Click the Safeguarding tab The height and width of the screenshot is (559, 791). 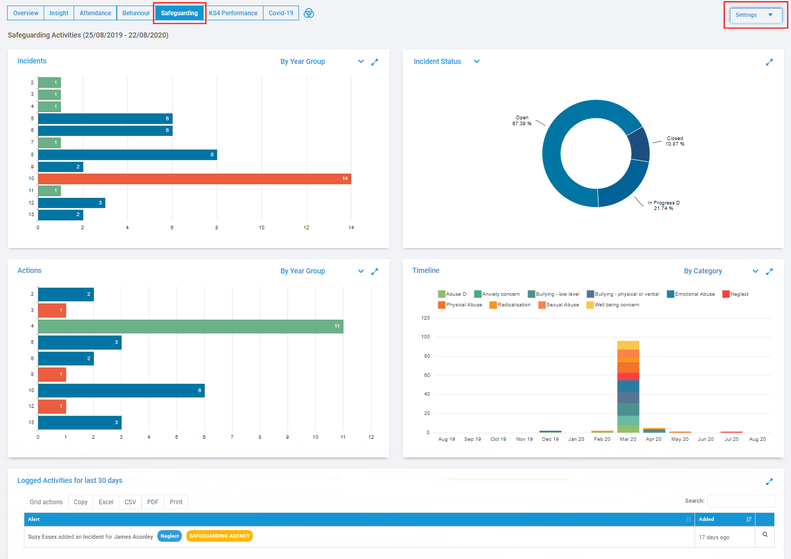tap(179, 13)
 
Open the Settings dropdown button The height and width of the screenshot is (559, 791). tap(755, 15)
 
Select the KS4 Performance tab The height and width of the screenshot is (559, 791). tap(233, 13)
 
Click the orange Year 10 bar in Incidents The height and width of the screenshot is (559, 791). tap(194, 179)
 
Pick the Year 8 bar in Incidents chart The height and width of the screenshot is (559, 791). tap(127, 155)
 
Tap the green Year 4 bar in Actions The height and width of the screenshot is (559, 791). tap(190, 326)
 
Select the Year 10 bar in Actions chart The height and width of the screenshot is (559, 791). tap(121, 391)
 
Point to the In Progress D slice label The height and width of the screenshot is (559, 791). tap(663, 205)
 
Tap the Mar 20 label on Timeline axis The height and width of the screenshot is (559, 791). tap(628, 439)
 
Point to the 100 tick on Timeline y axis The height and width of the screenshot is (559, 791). tap(425, 337)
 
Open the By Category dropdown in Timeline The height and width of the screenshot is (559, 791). tap(720, 271)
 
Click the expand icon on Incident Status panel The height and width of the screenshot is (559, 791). tap(769, 62)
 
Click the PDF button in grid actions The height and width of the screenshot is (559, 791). tap(153, 502)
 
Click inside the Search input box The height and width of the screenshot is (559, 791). tap(741, 501)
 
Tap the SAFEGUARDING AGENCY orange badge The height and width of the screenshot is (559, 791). tap(219, 536)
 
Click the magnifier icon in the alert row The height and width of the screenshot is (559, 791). tap(765, 535)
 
